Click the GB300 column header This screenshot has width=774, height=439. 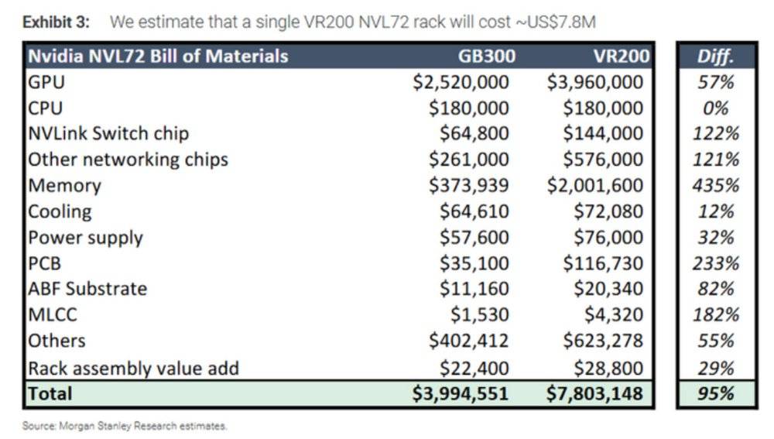(x=486, y=56)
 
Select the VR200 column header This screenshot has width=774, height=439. (x=621, y=56)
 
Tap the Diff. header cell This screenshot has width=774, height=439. (x=715, y=57)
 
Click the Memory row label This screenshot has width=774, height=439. (x=65, y=186)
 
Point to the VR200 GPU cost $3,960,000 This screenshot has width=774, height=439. (x=594, y=82)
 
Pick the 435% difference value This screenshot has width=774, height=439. (x=716, y=186)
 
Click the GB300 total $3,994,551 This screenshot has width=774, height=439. (x=460, y=393)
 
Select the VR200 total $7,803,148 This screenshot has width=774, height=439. (x=594, y=393)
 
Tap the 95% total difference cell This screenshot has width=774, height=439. (x=716, y=394)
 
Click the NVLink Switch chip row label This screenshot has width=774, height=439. (x=108, y=133)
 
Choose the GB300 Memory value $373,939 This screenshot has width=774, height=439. (x=468, y=186)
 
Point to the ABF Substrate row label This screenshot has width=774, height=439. (x=87, y=289)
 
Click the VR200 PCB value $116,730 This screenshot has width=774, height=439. (x=603, y=263)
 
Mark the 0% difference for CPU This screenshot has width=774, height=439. (x=716, y=108)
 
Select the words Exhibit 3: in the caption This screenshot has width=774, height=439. (x=57, y=22)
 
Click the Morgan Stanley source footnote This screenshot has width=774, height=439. (x=125, y=426)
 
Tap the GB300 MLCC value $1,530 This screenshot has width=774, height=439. (x=479, y=314)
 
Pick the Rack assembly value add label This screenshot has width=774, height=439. (x=133, y=369)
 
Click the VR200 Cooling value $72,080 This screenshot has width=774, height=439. (x=608, y=211)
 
